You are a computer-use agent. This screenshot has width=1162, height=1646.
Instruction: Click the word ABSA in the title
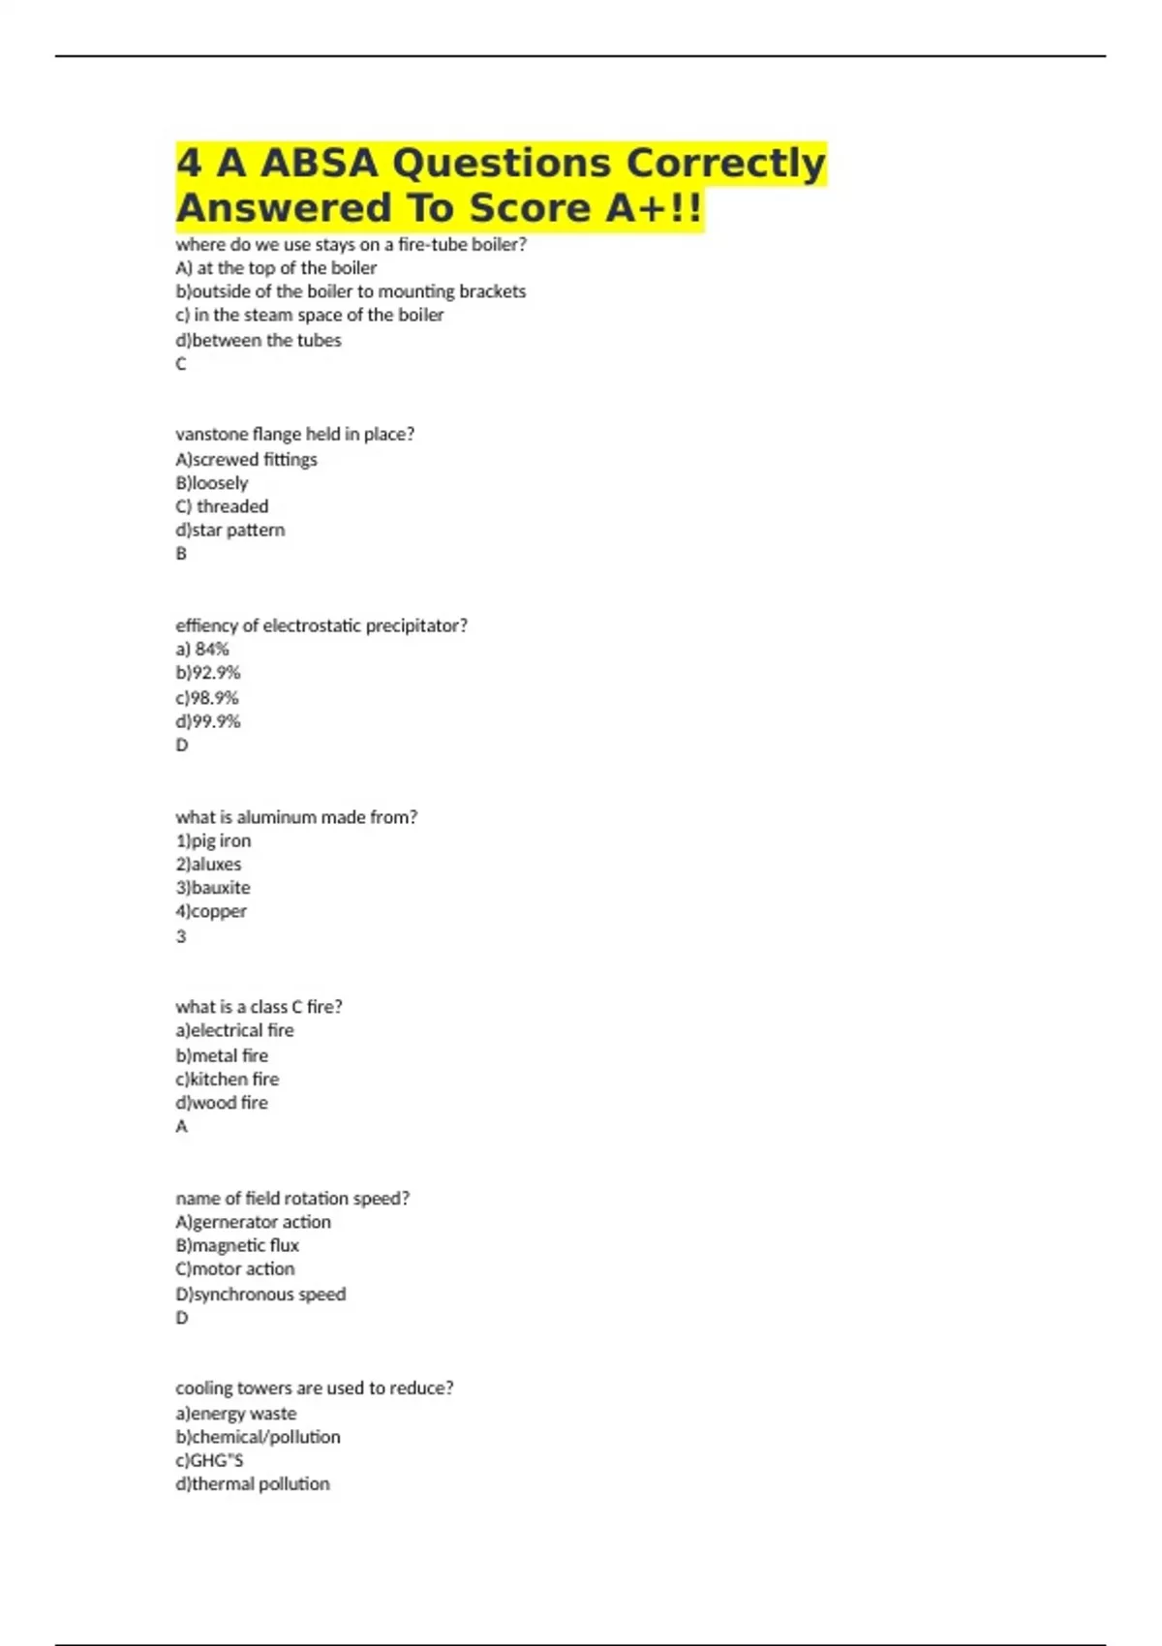[x=319, y=163]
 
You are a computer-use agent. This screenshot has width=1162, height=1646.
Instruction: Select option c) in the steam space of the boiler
[x=309, y=315]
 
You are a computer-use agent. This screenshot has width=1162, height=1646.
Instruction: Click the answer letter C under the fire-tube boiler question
[x=181, y=364]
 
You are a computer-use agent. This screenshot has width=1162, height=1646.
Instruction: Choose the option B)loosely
[x=211, y=482]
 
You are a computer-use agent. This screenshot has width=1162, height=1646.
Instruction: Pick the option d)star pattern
[x=230, y=530]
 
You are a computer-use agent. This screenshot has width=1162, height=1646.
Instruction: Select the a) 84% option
[x=202, y=649]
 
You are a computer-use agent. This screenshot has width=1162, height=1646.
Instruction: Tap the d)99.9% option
[x=207, y=721]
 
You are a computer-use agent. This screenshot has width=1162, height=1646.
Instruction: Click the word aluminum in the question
[x=277, y=817]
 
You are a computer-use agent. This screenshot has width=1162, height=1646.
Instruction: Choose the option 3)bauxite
[x=213, y=887]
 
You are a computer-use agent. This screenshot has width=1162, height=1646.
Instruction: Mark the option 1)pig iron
[x=213, y=840]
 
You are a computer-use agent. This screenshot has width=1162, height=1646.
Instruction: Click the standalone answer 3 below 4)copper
[x=181, y=936]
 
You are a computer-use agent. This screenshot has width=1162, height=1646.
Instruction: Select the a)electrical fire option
[x=234, y=1030]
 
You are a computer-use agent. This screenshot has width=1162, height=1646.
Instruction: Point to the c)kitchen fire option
[x=227, y=1079]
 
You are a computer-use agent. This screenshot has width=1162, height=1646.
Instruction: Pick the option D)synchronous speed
[x=260, y=1294]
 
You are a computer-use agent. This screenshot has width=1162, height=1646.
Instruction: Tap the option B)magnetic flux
[x=237, y=1245]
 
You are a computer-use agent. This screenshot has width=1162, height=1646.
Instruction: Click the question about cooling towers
[x=314, y=1387]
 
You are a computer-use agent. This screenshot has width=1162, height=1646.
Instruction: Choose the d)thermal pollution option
[x=252, y=1483]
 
